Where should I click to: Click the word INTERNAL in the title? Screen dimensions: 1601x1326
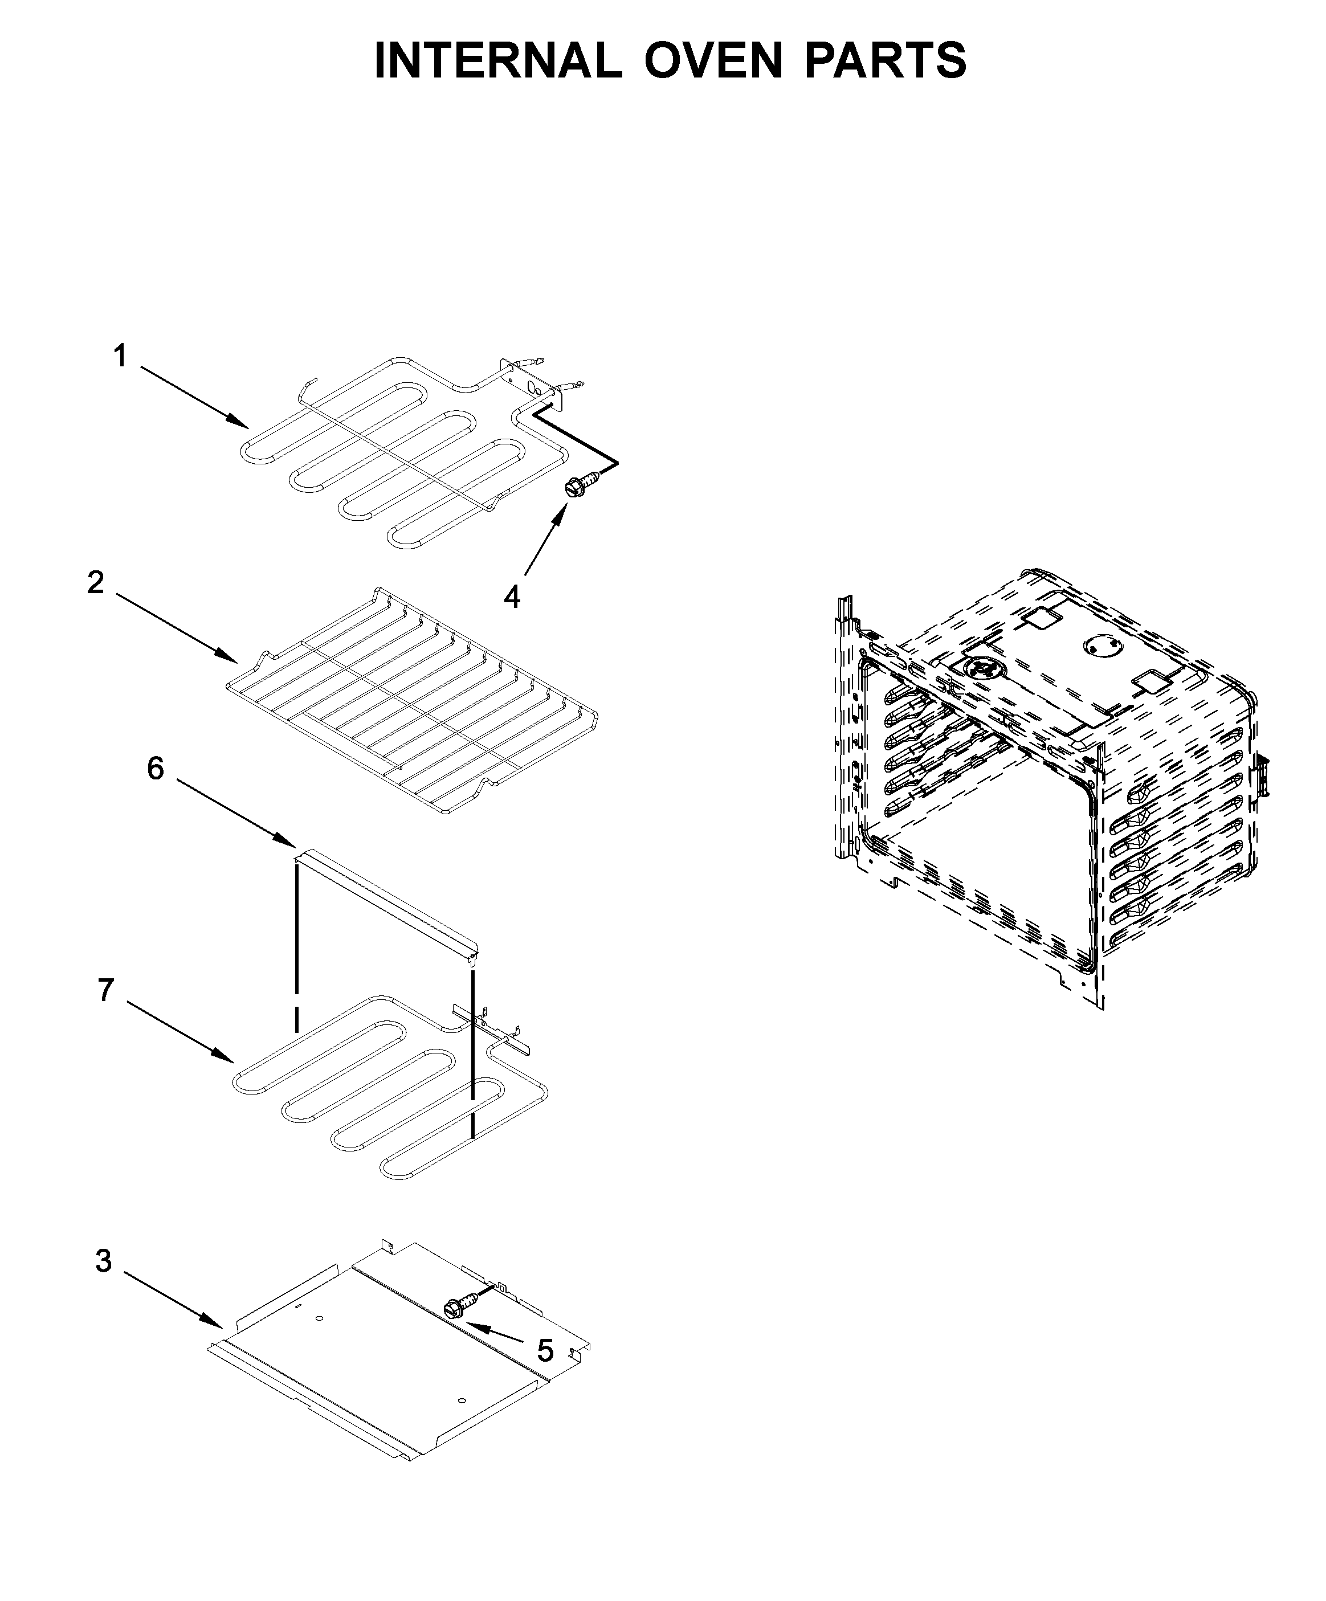coord(498,60)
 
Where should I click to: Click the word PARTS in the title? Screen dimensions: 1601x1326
coord(884,60)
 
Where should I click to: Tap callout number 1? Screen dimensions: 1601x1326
coord(120,356)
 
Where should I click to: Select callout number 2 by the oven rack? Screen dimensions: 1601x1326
coord(95,582)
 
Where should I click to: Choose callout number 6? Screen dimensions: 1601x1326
coord(156,769)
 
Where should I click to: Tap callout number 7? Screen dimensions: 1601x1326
coord(105,990)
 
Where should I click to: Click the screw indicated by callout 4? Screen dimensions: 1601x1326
coord(578,485)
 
